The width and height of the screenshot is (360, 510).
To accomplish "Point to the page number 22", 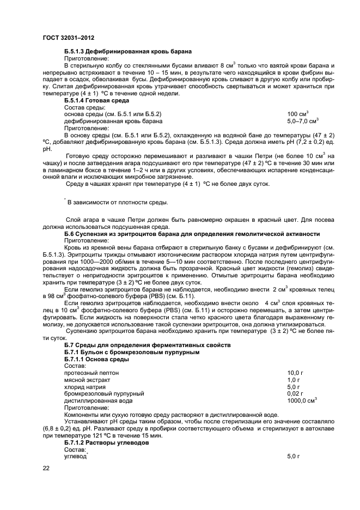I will tap(46, 468).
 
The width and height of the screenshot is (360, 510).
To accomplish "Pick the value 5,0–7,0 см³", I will tap(302, 121).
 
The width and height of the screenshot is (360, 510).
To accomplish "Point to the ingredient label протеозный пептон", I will tap(91, 373).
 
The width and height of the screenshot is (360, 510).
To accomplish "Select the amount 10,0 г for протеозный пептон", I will tap(294, 373).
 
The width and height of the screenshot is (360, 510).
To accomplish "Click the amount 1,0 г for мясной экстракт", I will tap(292, 380).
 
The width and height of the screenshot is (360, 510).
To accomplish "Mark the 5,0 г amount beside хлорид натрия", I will tap(292, 386).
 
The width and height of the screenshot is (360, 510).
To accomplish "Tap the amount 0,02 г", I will tap(294, 393).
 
